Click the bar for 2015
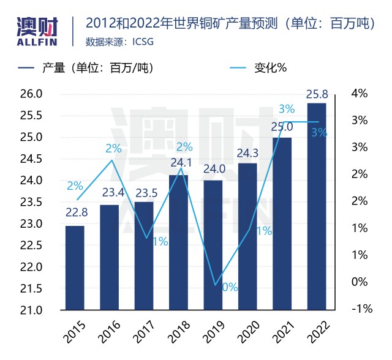point(75,268)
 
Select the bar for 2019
point(213,245)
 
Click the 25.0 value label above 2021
point(282,127)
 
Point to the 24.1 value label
point(178,163)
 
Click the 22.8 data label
point(75,213)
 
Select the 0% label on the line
point(230,286)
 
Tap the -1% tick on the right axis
point(361,309)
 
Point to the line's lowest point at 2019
point(214,285)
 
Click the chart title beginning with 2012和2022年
point(230,24)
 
